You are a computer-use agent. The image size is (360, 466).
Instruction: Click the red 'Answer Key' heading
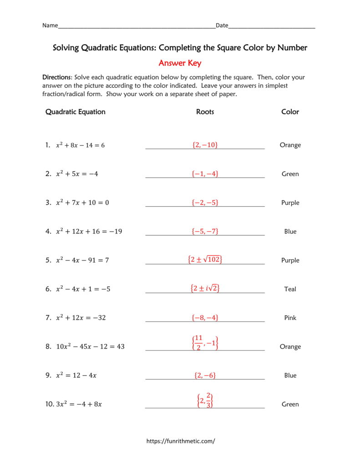[180, 63]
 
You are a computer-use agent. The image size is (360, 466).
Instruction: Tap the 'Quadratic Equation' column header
[75, 112]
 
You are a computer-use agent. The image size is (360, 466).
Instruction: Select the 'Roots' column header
[205, 112]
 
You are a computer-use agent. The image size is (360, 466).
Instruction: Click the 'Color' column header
[290, 112]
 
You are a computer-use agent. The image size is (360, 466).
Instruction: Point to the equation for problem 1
[80, 145]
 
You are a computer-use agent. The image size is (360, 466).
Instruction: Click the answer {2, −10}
[205, 145]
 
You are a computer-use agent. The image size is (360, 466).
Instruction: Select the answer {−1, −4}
[205, 173]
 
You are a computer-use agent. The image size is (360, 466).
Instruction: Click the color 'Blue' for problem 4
[290, 232]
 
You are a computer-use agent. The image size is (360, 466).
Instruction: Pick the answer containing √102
[205, 259]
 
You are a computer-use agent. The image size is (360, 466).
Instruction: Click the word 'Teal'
[290, 289]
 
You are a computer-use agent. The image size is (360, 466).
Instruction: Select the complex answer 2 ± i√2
[205, 288]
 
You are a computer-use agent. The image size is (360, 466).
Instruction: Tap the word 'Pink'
[290, 318]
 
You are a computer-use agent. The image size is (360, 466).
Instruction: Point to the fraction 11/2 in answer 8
[198, 342]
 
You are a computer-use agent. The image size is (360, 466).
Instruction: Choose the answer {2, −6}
[205, 375]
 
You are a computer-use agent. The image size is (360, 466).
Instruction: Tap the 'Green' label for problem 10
[290, 404]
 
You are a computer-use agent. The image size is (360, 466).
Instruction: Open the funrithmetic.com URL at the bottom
[180, 441]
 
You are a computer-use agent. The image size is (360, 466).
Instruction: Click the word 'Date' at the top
[222, 25]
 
